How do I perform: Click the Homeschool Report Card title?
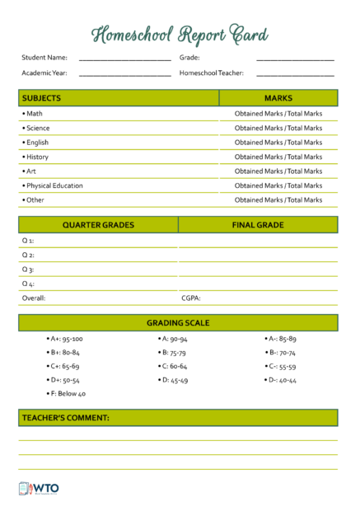click(180, 34)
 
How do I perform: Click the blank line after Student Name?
click(124, 60)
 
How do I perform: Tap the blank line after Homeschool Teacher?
click(295, 75)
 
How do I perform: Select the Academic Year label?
click(44, 73)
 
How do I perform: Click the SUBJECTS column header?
click(41, 98)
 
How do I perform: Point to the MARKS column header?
click(278, 98)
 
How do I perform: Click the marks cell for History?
click(278, 157)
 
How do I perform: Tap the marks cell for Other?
click(278, 200)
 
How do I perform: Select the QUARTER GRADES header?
click(98, 224)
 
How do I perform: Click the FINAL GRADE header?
click(257, 224)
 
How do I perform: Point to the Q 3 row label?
click(28, 270)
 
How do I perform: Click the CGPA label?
click(191, 298)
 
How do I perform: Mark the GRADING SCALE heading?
click(178, 323)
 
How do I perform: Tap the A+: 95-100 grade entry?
click(66, 339)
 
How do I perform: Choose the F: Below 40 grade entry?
click(68, 394)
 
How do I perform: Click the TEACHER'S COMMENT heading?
click(65, 418)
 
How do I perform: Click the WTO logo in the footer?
click(37, 488)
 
